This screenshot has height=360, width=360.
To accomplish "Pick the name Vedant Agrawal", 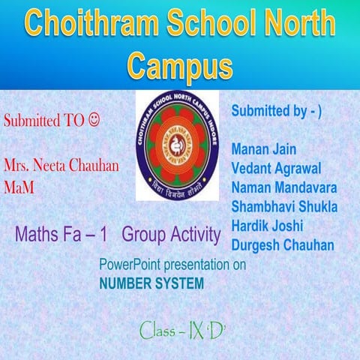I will tap(277, 166).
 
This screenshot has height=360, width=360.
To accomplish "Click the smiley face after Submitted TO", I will tap(94, 119).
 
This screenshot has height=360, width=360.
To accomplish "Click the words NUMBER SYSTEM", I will tap(151, 284).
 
